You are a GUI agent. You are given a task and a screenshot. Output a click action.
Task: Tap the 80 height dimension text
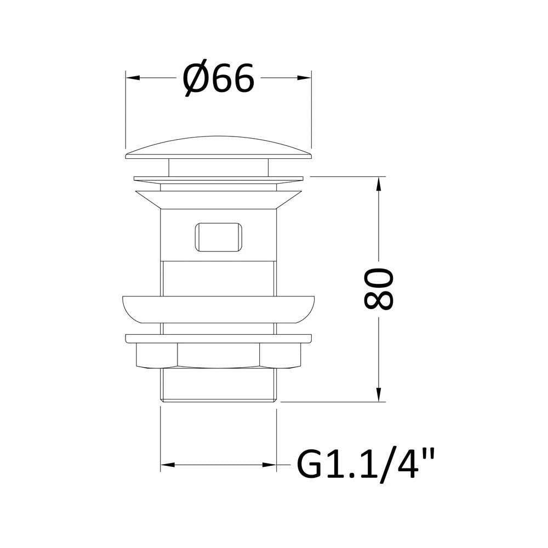tap(379, 289)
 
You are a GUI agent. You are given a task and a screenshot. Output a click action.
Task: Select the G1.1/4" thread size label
tap(366, 464)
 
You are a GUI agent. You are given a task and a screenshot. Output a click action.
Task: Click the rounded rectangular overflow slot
tap(219, 237)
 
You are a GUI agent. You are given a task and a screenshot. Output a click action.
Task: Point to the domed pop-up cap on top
tap(219, 147)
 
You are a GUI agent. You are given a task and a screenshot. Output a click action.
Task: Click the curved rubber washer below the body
tap(219, 309)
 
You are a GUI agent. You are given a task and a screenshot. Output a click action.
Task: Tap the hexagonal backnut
tap(219, 355)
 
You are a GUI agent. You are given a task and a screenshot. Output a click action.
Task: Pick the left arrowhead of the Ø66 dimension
tap(133, 78)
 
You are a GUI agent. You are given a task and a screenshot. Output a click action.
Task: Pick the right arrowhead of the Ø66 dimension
tap(304, 78)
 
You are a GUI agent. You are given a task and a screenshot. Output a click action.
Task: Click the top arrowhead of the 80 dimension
tap(378, 184)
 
